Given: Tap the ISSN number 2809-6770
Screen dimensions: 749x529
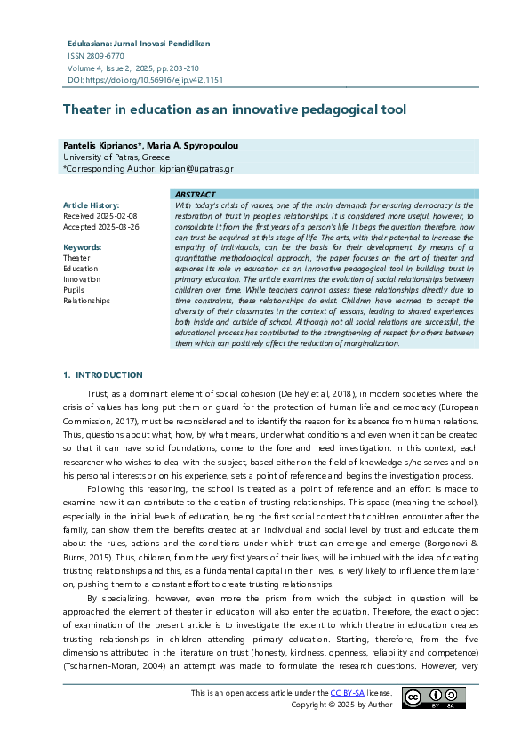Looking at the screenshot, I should click(98, 55).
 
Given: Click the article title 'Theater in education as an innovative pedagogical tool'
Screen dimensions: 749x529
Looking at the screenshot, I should click(234, 109).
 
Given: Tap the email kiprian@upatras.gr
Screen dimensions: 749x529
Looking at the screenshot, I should click(196, 168).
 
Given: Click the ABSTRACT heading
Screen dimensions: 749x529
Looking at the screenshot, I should click(195, 194).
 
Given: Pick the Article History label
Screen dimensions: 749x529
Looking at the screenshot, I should click(92, 205).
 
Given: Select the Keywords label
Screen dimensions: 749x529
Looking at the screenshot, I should click(82, 246).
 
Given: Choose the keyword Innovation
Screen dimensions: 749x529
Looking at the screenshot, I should click(82, 278).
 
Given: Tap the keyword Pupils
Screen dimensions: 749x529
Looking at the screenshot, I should click(75, 289).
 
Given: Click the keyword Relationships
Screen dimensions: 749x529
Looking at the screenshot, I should click(86, 300).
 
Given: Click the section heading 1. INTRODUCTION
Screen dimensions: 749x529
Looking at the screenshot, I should click(102, 374).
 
